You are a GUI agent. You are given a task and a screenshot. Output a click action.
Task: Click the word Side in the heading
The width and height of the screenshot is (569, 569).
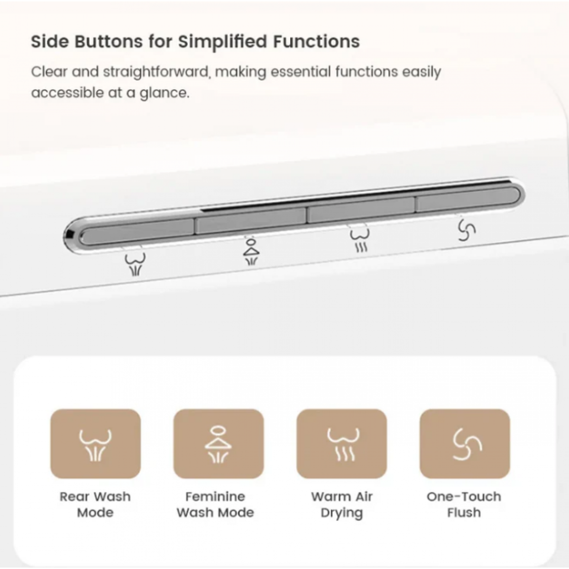(50, 42)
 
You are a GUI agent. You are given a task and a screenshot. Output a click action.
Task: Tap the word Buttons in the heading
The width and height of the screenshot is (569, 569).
(109, 42)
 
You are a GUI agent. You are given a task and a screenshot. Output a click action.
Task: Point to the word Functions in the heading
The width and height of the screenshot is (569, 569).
(316, 42)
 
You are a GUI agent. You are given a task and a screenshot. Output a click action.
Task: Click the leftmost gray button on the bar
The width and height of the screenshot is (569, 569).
(137, 231)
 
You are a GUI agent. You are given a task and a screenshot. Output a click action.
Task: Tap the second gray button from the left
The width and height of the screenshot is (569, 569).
(251, 221)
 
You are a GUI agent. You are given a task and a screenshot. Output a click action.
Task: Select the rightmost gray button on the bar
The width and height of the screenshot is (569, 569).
(468, 199)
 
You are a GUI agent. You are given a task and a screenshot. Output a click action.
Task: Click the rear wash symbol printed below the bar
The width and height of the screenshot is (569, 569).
(135, 264)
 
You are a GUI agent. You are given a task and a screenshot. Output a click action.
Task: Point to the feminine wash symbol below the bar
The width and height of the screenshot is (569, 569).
(251, 252)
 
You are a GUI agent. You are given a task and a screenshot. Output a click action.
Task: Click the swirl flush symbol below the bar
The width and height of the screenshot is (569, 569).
(466, 231)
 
